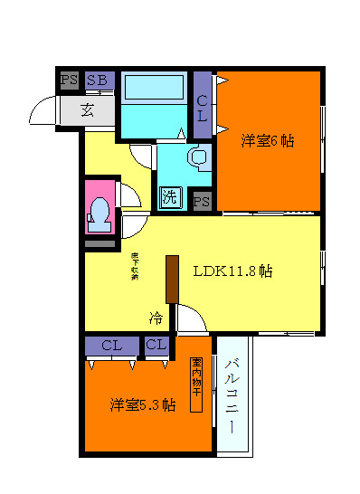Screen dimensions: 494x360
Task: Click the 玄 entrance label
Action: click(x=88, y=110)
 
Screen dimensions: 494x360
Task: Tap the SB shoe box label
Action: click(x=98, y=81)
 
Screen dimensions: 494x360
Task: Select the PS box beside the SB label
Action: click(x=69, y=81)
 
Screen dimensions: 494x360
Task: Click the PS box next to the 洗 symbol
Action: click(x=202, y=201)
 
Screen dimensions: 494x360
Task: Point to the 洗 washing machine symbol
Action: click(x=170, y=195)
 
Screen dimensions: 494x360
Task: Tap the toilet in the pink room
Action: click(x=99, y=211)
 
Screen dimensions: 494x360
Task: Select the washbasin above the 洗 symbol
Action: click(x=198, y=157)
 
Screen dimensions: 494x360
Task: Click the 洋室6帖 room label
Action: click(x=268, y=141)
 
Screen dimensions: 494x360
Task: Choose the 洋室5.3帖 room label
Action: click(x=142, y=404)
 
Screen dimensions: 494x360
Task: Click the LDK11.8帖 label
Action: click(x=233, y=271)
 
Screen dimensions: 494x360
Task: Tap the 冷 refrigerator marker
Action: click(x=156, y=318)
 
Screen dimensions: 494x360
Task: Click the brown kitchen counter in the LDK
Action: click(x=170, y=279)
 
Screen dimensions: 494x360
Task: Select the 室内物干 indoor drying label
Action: click(x=195, y=385)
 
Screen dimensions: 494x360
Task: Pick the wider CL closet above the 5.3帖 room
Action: click(x=112, y=345)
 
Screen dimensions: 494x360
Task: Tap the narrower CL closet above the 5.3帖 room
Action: click(x=156, y=345)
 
